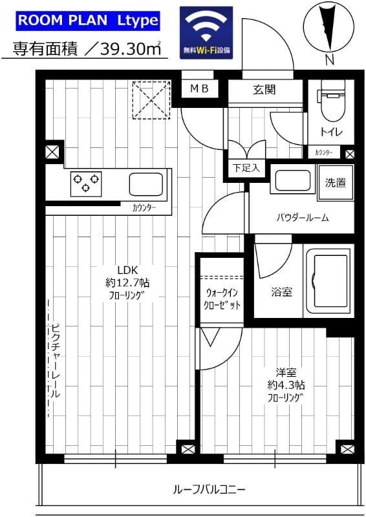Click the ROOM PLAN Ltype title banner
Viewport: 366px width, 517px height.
88,20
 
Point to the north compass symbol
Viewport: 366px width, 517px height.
329,28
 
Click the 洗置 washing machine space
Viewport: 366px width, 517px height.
335,183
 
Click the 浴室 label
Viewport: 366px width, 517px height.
281,291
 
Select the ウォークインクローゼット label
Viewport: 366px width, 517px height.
221,298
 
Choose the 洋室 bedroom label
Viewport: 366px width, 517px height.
285,372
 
